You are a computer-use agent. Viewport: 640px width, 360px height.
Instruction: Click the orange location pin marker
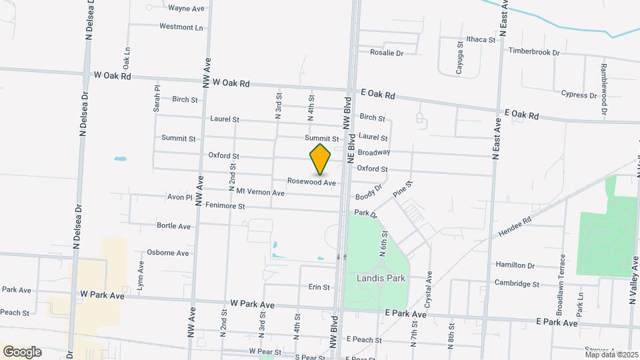tap(321, 159)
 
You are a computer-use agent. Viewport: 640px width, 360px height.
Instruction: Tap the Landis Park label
tap(377, 277)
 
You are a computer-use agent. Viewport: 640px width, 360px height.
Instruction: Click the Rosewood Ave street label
tap(311, 182)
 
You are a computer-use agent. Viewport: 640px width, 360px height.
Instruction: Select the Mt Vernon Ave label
tap(256, 193)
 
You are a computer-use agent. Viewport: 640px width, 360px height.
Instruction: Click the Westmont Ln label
tap(181, 27)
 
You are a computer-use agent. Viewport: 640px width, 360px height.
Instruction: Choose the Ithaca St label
tap(481, 40)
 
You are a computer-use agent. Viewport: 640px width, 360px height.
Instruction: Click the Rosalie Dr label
tap(387, 53)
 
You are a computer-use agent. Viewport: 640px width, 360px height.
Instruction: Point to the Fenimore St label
tap(225, 206)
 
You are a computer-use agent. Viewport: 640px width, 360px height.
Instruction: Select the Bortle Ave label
tap(173, 226)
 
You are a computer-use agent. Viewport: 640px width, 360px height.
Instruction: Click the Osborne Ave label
tap(167, 253)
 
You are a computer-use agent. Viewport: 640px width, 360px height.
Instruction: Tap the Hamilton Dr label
tap(515, 265)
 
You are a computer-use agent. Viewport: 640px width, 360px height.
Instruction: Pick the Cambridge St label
tap(517, 283)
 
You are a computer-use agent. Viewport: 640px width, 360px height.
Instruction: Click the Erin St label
tap(319, 287)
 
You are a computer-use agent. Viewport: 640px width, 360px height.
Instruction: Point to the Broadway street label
tap(373, 153)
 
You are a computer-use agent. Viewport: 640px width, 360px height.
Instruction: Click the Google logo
tap(22, 351)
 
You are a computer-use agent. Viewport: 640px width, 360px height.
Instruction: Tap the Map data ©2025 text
tap(611, 355)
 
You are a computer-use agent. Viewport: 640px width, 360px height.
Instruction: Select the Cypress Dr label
tap(579, 94)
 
